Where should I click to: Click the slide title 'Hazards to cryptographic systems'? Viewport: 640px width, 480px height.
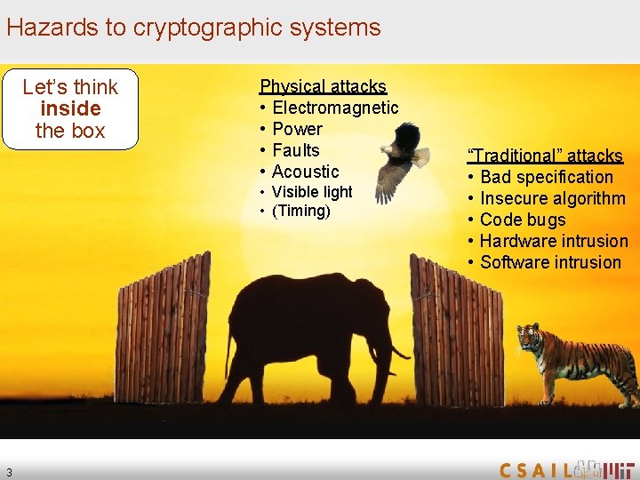coord(193,28)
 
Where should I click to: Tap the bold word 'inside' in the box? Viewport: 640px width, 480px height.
coord(70,108)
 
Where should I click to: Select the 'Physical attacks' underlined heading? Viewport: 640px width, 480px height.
coord(323,86)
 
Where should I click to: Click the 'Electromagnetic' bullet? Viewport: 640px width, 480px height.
coord(335,108)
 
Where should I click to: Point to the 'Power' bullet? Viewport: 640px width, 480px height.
coord(297,129)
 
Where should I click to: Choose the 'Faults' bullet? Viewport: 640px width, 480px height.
coord(295,150)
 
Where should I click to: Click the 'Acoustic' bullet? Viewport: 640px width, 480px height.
coord(305,172)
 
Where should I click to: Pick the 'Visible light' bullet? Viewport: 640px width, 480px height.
coord(311,192)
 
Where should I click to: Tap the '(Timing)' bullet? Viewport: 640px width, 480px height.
coord(300,212)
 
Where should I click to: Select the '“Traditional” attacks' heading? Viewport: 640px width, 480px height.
coord(545,156)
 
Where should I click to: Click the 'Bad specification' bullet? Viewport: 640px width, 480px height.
coord(546,177)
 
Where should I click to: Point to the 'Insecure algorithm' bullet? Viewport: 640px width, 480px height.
coord(552,198)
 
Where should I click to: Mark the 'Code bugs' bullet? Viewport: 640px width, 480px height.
coord(522,220)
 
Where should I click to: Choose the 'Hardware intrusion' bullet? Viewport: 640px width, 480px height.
coord(553,241)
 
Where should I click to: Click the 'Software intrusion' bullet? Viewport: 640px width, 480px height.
coord(550,262)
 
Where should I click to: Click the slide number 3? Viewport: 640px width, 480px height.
coord(8,472)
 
